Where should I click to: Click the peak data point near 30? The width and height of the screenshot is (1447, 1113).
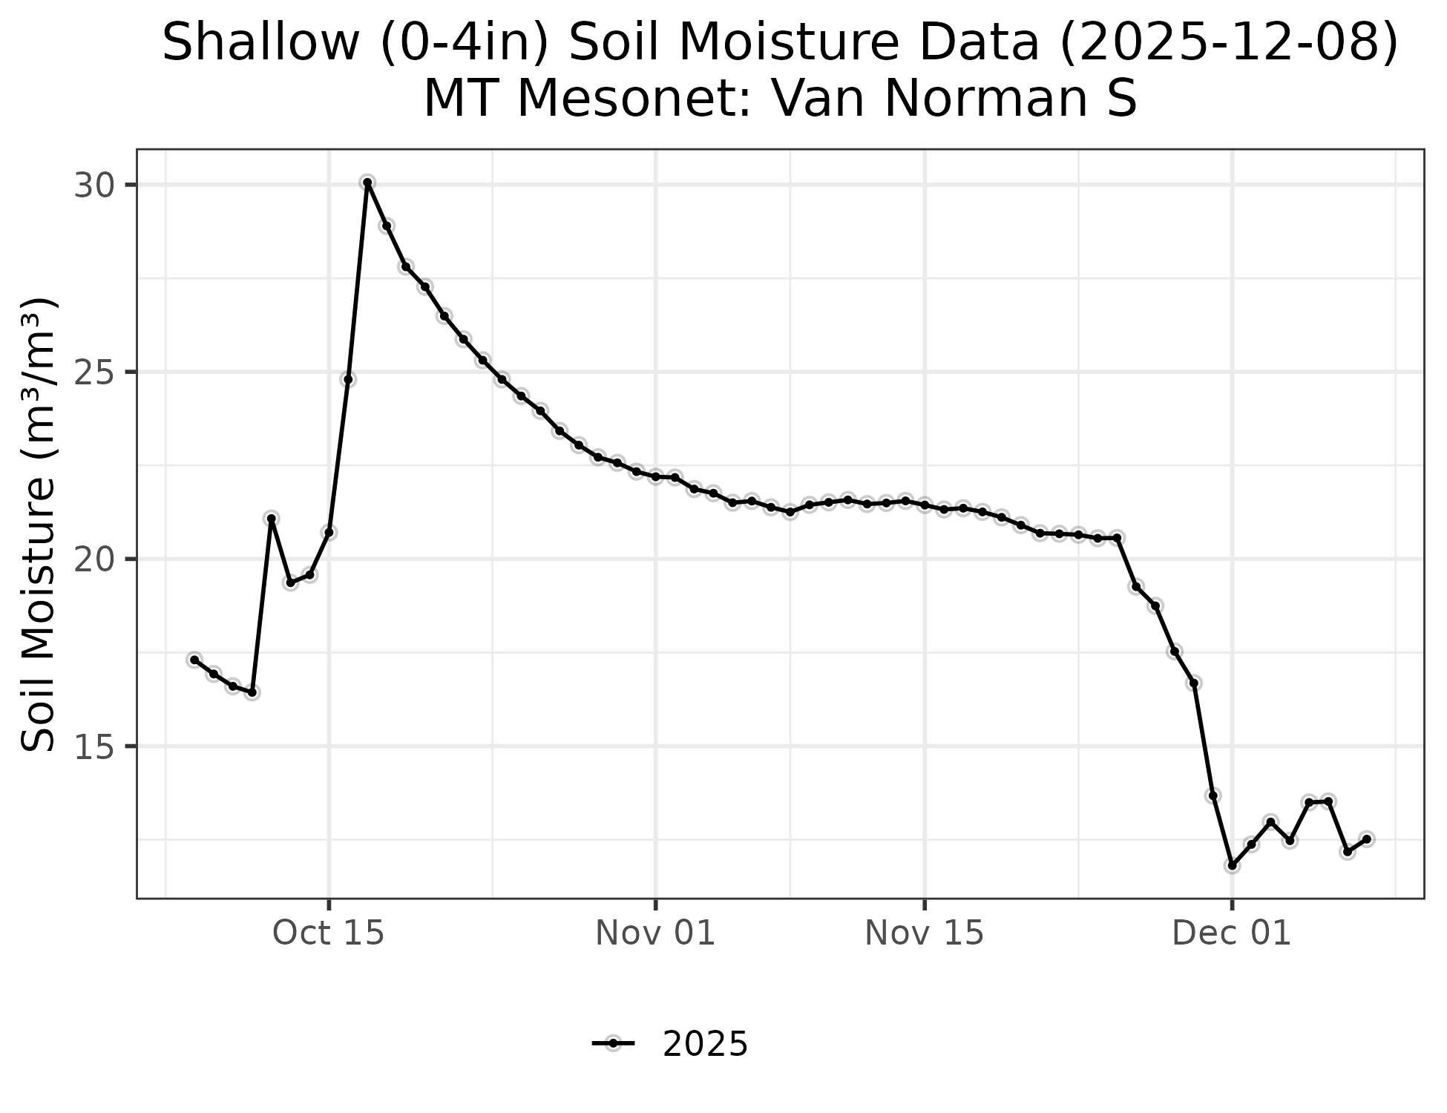coord(367,183)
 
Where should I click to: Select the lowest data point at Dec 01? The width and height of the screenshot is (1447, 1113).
coord(1232,865)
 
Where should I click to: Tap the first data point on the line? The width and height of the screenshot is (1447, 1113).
coord(194,660)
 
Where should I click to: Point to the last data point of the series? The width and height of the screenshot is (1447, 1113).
coord(1366,839)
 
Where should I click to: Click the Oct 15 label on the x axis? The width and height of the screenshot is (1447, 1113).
coord(329,933)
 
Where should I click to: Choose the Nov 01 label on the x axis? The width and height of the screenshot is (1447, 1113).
coord(655,933)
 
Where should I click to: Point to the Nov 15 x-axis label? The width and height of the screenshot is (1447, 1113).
coord(924,933)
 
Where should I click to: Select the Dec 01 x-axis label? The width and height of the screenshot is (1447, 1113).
coord(1232,933)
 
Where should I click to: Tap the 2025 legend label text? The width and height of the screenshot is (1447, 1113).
coord(705,1045)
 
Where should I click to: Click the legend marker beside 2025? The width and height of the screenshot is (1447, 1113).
coord(613,1044)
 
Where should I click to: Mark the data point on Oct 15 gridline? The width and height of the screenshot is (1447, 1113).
coord(329,532)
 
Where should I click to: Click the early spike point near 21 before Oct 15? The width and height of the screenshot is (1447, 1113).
coord(272,518)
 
